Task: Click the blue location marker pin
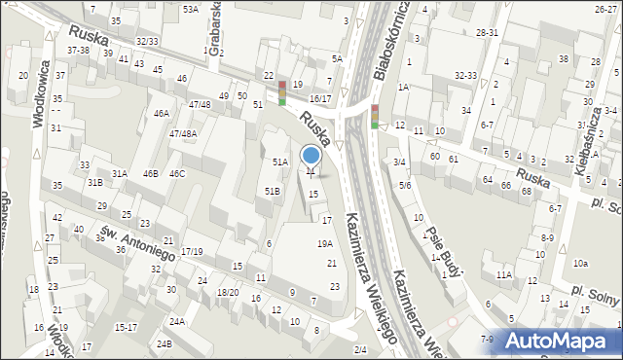point(311,156)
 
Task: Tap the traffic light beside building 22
point(282,92)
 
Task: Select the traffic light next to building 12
point(374,115)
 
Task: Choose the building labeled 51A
point(279,162)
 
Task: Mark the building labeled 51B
point(273,192)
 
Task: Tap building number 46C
point(177,173)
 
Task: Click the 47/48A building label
point(183,133)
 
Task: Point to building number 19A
point(324,244)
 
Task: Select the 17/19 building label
point(191,252)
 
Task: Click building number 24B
point(165,343)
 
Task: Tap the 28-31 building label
point(488,32)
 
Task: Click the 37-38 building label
point(78,50)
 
